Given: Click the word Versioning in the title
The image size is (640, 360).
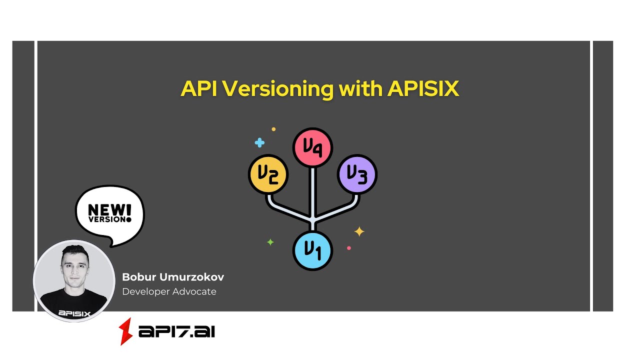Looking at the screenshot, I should pos(277,89).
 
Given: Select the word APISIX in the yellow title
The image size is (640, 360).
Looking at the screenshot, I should pos(423,89).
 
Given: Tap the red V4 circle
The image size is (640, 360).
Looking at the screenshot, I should pos(312,147).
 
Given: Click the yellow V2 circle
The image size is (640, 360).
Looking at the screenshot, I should pos(268,174).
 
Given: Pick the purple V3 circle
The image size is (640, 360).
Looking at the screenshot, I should pos(357,174).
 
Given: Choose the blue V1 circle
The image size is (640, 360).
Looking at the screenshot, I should pos(312,250).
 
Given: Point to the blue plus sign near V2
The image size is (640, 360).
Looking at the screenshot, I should pos(259,143).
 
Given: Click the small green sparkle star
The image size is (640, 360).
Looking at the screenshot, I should pos(270,242).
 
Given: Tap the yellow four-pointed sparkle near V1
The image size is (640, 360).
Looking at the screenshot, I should pos(359,231).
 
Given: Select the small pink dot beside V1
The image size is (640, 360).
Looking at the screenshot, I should pos(349,248).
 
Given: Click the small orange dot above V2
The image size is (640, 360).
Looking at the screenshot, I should pos(273,129).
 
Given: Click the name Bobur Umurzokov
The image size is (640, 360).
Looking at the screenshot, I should pos(173,277).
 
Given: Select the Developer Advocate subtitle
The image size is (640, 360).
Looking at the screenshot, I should pos(169,291).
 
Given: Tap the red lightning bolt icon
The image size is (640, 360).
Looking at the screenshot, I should pos(125,331).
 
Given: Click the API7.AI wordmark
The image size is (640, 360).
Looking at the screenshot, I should pos(176,331).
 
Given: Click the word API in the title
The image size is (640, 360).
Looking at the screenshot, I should pos(199,89).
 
